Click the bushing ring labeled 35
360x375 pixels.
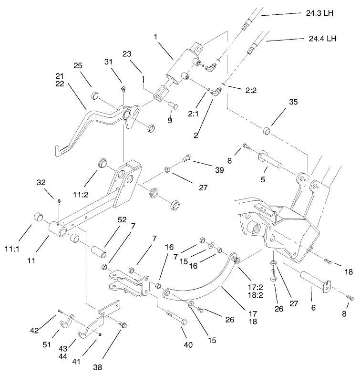click(x=268, y=131)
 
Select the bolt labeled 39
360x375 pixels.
click(x=187, y=160)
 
